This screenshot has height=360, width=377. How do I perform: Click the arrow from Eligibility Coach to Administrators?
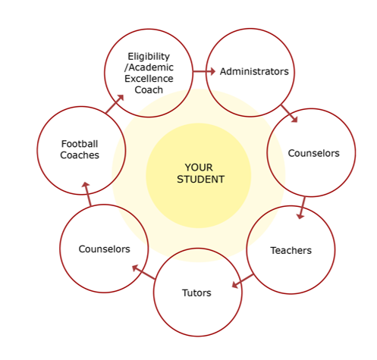[x=204, y=71]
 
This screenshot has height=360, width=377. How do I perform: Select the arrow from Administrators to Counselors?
[x=289, y=114]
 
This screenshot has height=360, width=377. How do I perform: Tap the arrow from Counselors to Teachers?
[x=302, y=208]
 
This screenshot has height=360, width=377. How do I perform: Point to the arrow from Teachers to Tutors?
[x=243, y=280]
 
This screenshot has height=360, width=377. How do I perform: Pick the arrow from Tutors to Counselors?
[x=143, y=271]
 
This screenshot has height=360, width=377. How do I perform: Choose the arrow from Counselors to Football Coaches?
[x=87, y=193]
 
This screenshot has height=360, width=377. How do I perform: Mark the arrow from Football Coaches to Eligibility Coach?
[x=115, y=104]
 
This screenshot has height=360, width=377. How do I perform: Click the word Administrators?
[x=254, y=71]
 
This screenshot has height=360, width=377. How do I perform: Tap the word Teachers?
[x=291, y=250]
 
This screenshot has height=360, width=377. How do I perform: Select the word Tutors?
[x=196, y=293]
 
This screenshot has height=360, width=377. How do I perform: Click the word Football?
[x=80, y=144]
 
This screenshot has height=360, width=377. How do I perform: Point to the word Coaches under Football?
[x=80, y=155]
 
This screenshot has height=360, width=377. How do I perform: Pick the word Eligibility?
[x=149, y=57]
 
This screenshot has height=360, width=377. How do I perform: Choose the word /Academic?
[x=149, y=67]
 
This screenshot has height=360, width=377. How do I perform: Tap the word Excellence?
[x=149, y=79]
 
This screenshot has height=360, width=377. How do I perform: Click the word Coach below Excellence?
[x=149, y=89]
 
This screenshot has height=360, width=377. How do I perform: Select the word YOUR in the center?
[x=199, y=167]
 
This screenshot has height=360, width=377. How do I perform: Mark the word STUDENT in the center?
[x=200, y=180]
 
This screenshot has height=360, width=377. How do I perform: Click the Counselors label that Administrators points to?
[x=313, y=153]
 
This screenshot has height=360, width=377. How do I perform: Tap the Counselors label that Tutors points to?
[x=104, y=249]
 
